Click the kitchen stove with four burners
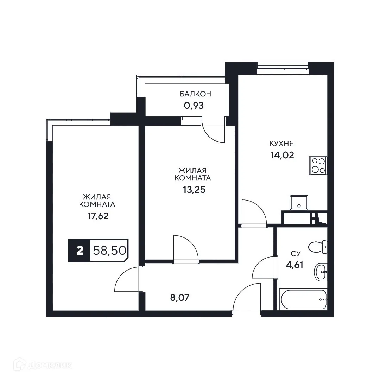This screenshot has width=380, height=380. [x=318, y=165]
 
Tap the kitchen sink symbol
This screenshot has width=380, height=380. [x=299, y=203]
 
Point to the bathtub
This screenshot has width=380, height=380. [x=303, y=299]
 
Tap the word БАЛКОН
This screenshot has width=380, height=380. [x=195, y=94]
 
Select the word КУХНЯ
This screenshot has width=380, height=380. [x=281, y=144]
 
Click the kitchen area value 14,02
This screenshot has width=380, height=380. [x=281, y=155]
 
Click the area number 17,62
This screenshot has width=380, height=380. [x=98, y=216]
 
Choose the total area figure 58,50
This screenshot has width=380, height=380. [x=109, y=251]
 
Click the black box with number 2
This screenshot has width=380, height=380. [x=80, y=251]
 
